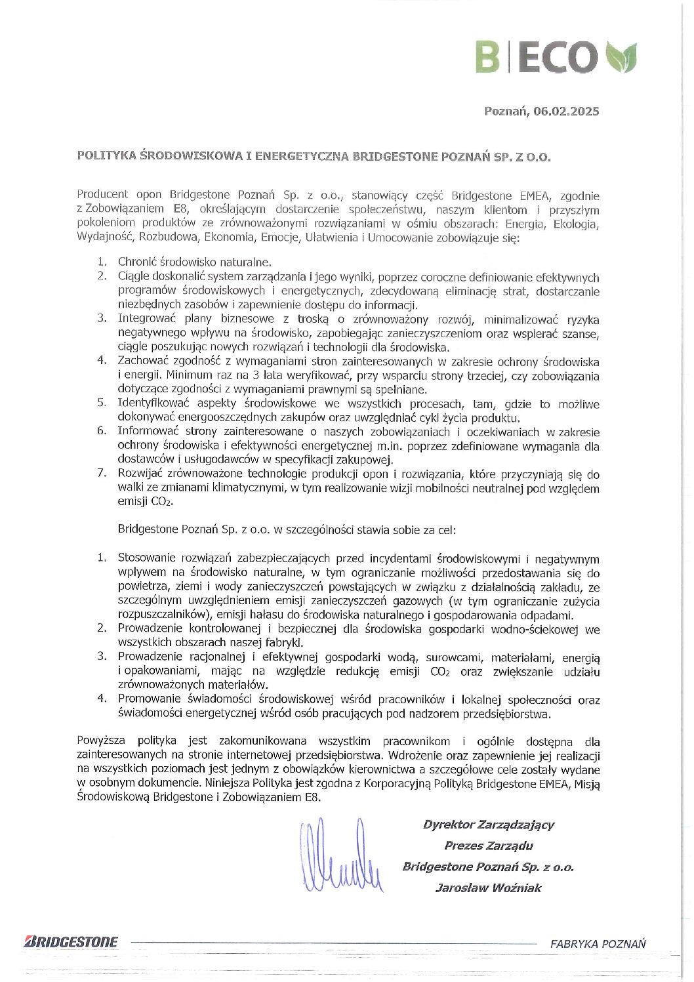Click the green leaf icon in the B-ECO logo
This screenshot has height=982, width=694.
621,57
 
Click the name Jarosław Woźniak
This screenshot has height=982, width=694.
488,888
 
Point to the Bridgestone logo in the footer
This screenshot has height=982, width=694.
71,943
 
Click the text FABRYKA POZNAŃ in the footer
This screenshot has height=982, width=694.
598,944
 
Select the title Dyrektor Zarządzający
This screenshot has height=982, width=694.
489,825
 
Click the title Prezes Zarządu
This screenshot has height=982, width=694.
489,846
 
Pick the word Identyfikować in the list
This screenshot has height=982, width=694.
150,404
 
